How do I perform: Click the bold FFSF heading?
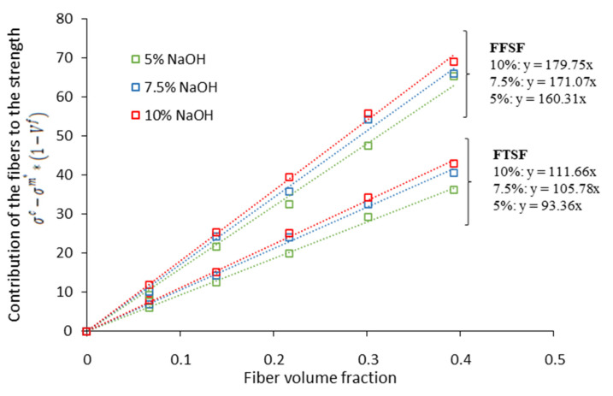click(x=510, y=48)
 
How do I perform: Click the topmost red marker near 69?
click(x=454, y=62)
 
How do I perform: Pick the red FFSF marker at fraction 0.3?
click(x=368, y=114)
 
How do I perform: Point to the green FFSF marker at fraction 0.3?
click(x=368, y=145)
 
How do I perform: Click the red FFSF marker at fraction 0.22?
click(x=289, y=177)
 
